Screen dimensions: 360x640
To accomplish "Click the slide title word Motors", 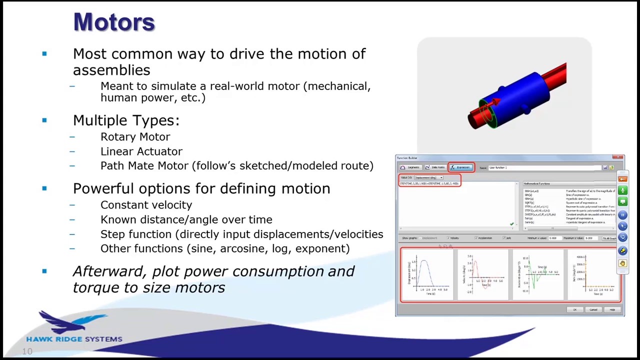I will pos(114,22).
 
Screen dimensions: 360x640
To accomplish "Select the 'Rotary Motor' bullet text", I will pos(135,137).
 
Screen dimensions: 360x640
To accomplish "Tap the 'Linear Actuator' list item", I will pos(141,151).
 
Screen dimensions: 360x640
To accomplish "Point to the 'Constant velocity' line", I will pos(146,205).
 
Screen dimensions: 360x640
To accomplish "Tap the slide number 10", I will pos(27,352).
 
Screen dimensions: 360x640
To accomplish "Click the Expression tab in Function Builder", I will pos(461,167).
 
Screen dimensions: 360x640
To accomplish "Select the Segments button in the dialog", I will pos(410,167).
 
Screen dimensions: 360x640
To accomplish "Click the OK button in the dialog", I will pos(574,310).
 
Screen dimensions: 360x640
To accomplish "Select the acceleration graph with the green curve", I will pos(538,275).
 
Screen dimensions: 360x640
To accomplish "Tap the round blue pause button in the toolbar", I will pos(622,214).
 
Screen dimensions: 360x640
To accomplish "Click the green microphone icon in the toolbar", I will pos(622,190).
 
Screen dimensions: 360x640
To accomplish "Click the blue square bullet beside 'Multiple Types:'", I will pos(44,120).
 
